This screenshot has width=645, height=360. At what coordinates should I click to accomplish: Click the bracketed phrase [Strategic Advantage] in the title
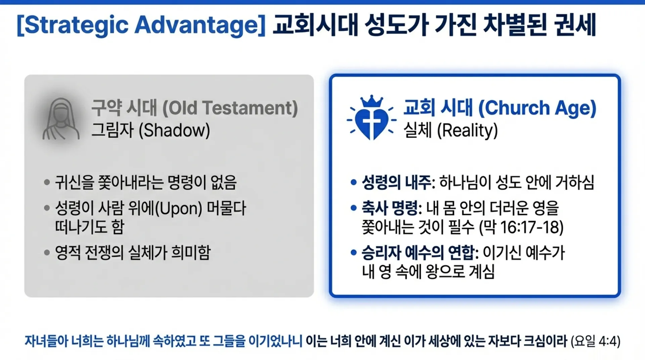pos(141,25)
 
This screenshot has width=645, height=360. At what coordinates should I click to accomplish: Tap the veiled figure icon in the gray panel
pos(61,119)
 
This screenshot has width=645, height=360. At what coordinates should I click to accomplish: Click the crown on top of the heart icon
pos(372,101)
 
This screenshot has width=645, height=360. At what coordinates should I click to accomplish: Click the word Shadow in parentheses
pos(174,130)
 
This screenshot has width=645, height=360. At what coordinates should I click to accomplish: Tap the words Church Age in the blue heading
pos(537,108)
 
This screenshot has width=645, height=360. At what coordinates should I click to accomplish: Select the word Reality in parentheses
pos(467,130)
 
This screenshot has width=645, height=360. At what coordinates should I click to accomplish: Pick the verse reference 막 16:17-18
pos(521,228)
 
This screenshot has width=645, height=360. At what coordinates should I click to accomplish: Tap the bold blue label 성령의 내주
pos(396,183)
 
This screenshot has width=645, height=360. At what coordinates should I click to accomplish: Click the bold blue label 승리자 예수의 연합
pos(418,253)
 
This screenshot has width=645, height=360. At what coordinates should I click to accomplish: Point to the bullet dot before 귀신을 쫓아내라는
pos(47,183)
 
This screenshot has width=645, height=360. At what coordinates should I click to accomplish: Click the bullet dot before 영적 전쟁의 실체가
pos(47,253)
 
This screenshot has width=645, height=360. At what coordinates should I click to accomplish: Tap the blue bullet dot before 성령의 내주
pos(353,183)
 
